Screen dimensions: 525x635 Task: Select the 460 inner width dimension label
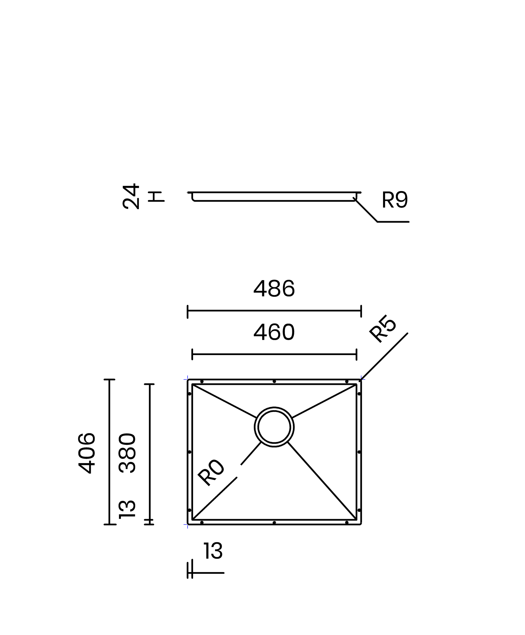tap(274, 332)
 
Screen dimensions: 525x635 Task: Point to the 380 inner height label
tap(127, 453)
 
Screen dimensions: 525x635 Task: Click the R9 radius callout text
tap(395, 200)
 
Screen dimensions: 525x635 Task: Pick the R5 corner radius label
tap(383, 329)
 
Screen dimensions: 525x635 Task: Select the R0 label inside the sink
tap(211, 473)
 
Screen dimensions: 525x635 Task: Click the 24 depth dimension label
tap(131, 196)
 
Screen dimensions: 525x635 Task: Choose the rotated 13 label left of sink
tap(127, 510)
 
